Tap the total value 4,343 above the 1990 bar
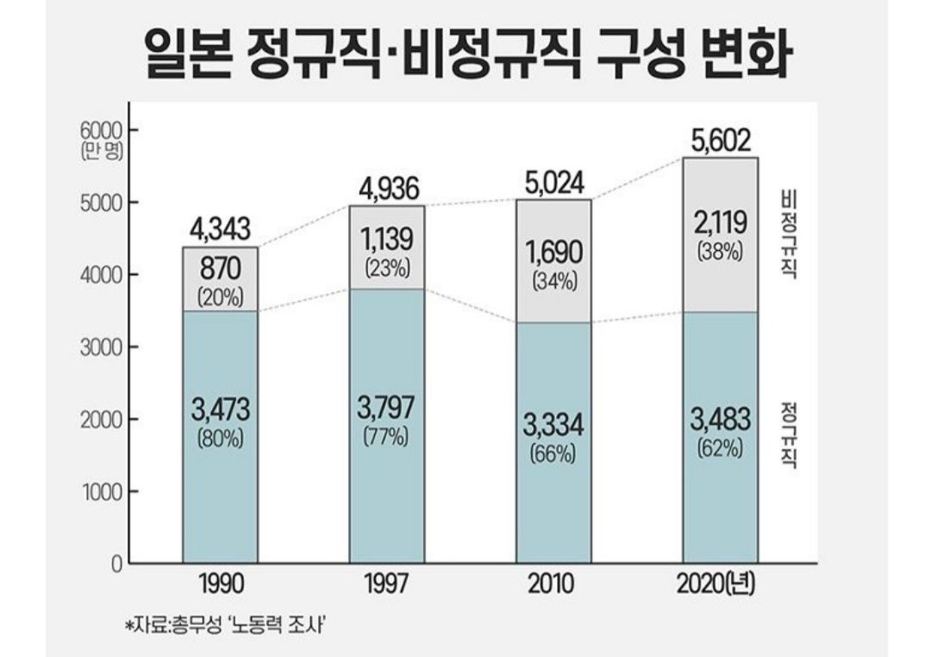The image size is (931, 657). pyautogui.click(x=220, y=229)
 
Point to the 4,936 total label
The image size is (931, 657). pyautogui.click(x=386, y=187)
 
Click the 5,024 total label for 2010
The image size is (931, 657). pyautogui.click(x=553, y=183)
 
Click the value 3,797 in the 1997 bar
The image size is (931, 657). pyautogui.click(x=386, y=407)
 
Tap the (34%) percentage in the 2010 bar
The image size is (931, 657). pyautogui.click(x=553, y=280)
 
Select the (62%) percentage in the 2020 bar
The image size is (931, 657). pyautogui.click(x=721, y=449)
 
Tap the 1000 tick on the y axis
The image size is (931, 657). pyautogui.click(x=103, y=491)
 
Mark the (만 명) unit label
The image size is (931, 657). pyautogui.click(x=103, y=151)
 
